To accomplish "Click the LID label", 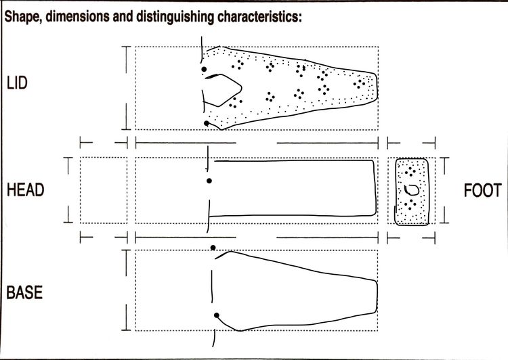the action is click(17, 83).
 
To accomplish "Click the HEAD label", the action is click(25, 189).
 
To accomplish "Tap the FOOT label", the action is click(483, 190).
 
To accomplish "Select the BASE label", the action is click(24, 292).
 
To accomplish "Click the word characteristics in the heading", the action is click(259, 16).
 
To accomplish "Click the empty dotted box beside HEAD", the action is click(104, 190).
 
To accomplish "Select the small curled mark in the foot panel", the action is click(411, 189).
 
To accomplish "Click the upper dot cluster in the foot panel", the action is click(410, 171).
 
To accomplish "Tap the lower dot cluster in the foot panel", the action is click(410, 204).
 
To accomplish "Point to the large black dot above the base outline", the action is click(213, 248).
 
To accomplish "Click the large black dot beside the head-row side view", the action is click(209, 181).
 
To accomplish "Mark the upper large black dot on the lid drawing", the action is click(204, 69).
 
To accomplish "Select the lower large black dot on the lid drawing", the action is click(207, 123).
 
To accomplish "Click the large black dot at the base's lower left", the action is click(217, 315).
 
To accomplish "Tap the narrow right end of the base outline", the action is click(377, 296).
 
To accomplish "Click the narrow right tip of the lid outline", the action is click(377, 87).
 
